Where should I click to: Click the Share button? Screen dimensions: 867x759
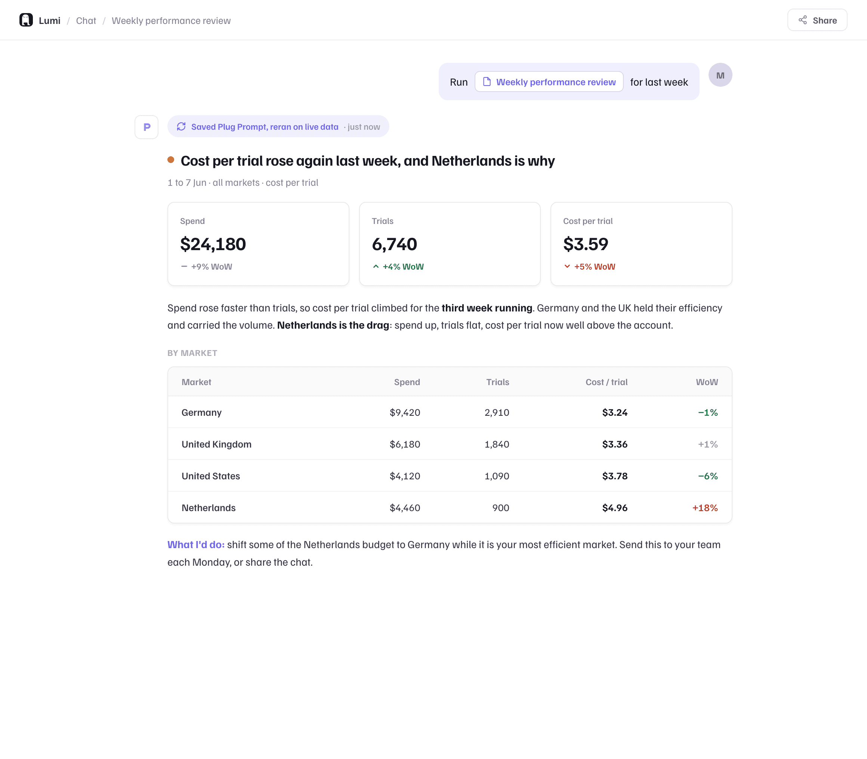point(817,20)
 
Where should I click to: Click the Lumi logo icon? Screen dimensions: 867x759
point(26,20)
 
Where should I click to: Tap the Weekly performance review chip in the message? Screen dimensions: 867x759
point(549,82)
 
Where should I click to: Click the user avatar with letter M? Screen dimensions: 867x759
point(720,75)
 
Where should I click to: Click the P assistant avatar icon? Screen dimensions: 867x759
point(146,127)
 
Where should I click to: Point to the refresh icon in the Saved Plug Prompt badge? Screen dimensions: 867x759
point(181,127)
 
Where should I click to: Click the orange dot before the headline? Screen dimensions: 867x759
point(171,160)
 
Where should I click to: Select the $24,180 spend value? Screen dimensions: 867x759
point(213,244)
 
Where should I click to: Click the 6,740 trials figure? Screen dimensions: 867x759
point(394,244)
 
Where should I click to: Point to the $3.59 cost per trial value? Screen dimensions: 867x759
point(586,244)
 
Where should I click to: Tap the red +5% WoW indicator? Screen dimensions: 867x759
point(590,267)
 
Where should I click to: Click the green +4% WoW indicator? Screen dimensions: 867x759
point(398,267)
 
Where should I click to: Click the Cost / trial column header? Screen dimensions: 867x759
point(606,382)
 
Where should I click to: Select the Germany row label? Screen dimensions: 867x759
point(201,412)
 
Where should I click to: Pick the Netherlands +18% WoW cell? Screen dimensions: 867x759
point(705,508)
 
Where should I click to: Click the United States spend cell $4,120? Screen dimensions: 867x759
point(405,476)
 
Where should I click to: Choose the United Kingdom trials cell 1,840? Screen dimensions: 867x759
point(497,444)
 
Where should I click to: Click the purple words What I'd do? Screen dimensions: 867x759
point(196,545)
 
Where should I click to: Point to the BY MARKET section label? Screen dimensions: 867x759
point(192,353)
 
